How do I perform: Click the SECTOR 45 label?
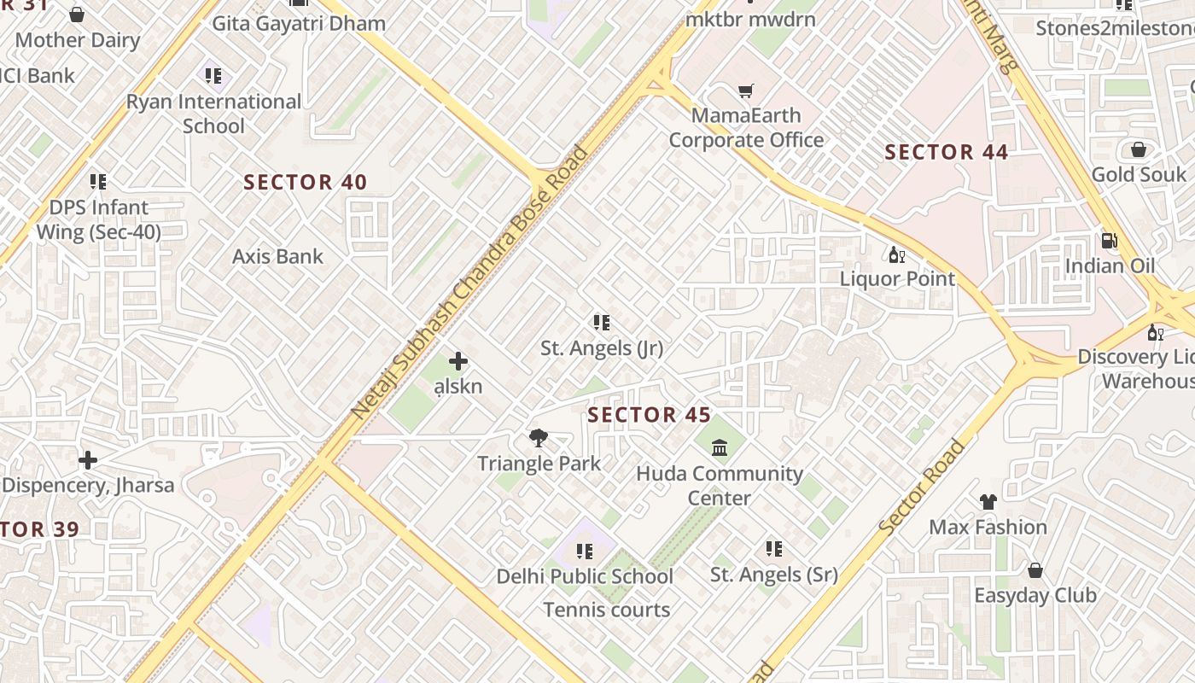click(650, 415)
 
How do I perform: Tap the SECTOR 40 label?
click(306, 182)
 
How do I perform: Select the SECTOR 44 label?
click(947, 153)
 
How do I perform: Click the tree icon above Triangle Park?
click(538, 438)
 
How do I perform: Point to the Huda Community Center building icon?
click(720, 447)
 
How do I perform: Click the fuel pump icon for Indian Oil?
click(1110, 241)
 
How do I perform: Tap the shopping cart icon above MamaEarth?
click(746, 90)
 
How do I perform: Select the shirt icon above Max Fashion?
click(988, 501)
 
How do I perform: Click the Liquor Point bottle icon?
click(897, 254)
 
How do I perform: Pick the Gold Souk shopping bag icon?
click(1139, 150)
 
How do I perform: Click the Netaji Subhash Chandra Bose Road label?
click(470, 283)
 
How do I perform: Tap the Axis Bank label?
click(278, 256)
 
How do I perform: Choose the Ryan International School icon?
click(213, 76)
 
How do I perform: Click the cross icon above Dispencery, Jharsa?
click(88, 461)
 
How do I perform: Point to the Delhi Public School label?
click(585, 576)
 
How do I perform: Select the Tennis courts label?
click(607, 610)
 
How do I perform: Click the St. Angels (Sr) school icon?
click(774, 549)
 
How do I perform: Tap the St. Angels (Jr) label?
click(602, 348)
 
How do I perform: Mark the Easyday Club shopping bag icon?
click(1035, 569)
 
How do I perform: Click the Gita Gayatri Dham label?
click(299, 23)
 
